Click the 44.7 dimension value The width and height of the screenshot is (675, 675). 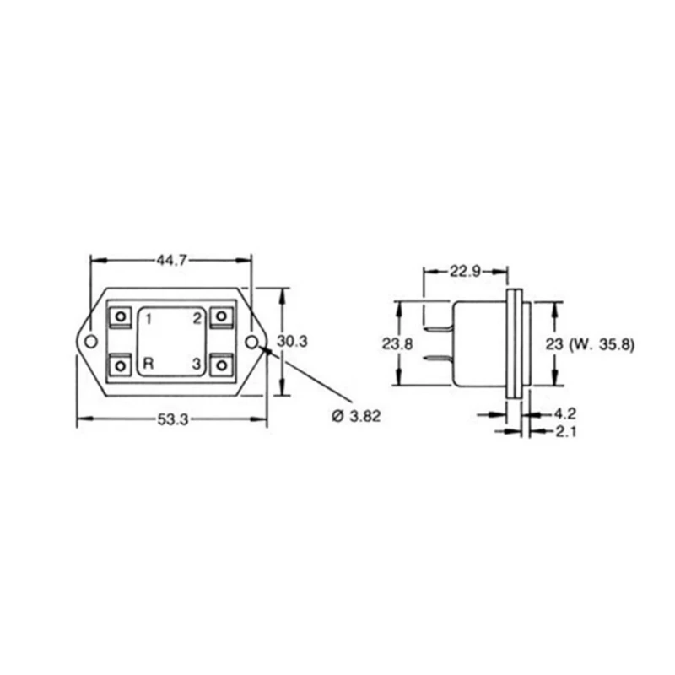[171, 261]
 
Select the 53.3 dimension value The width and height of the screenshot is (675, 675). [171, 420]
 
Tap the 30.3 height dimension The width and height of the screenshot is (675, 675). [292, 342]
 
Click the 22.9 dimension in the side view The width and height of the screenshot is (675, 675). [465, 271]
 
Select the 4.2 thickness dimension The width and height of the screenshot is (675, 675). [564, 414]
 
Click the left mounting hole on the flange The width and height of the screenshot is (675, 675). [90, 341]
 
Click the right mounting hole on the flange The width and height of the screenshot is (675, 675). [251, 341]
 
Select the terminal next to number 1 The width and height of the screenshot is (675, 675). [121, 316]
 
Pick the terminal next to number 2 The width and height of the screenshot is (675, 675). [221, 316]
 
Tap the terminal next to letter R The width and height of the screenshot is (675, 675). [121, 365]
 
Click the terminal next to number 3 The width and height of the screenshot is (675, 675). [221, 365]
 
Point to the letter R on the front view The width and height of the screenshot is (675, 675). [148, 364]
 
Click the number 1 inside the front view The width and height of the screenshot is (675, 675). [148, 318]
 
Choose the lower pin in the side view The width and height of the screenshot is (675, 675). [440, 360]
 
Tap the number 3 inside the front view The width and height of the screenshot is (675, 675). [196, 364]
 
